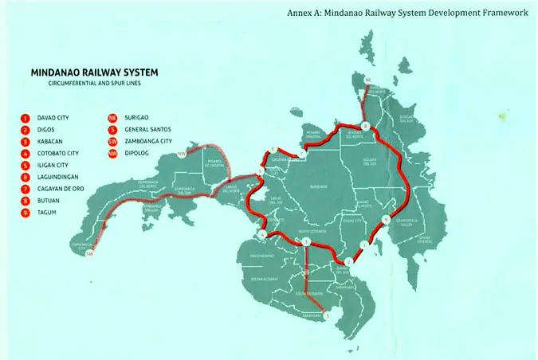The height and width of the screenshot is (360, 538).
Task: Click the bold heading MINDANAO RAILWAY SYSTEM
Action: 94,72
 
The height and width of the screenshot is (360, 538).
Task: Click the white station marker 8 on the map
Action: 365,127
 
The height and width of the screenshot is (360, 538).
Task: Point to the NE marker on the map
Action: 367,80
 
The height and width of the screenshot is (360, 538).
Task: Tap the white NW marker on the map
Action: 183,153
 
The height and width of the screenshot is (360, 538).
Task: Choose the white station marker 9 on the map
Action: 385,220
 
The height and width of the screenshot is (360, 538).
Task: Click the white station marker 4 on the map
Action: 262,235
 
